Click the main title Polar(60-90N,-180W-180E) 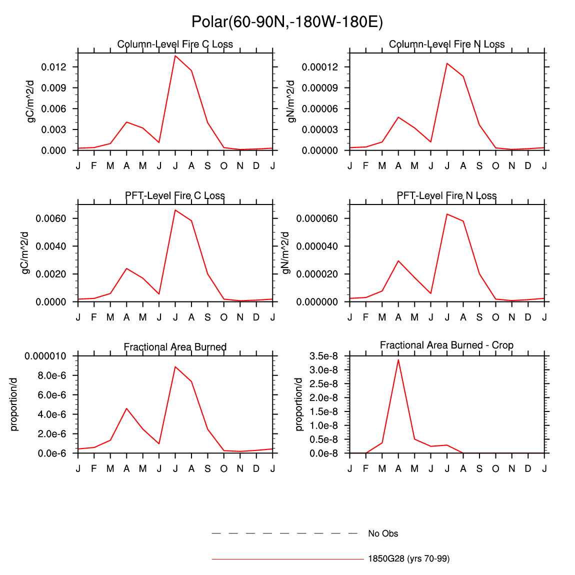click(x=287, y=22)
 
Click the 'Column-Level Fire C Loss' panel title click(x=175, y=44)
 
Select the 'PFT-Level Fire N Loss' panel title click(x=446, y=195)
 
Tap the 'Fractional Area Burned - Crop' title click(x=446, y=345)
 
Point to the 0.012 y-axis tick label click(x=54, y=67)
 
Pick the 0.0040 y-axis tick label click(x=51, y=246)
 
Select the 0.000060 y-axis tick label click(x=316, y=218)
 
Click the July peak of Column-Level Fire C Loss click(x=175, y=55)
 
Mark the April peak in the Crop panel click(x=398, y=359)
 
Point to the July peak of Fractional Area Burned click(x=175, y=366)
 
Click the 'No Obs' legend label click(x=383, y=533)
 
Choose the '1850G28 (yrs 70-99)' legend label click(x=408, y=558)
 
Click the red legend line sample click(x=287, y=558)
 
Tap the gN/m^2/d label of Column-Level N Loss click(x=291, y=101)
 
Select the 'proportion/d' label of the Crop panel click(x=299, y=404)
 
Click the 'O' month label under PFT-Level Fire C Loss click(x=223, y=317)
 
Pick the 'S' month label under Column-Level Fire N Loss click(x=479, y=165)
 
